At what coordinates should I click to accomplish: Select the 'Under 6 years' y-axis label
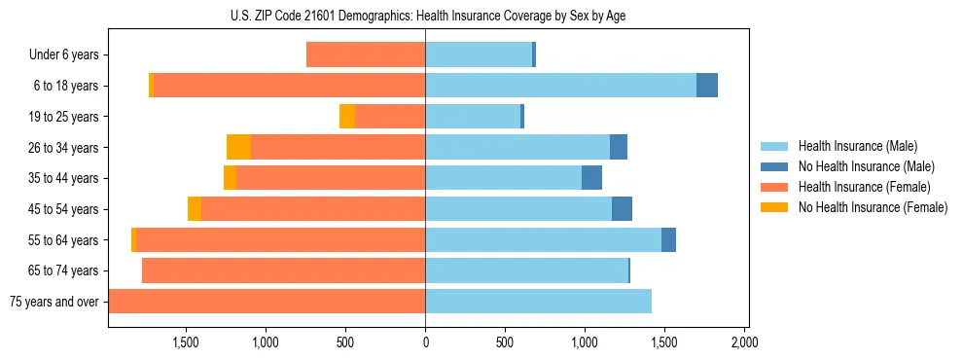click(63, 55)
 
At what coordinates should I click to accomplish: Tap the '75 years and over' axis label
click(53, 302)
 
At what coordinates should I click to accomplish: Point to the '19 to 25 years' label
click(63, 117)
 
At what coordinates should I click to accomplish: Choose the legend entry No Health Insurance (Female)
click(873, 207)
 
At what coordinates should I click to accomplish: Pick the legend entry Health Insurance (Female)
click(864, 187)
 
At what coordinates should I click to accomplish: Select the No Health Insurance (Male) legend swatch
click(774, 166)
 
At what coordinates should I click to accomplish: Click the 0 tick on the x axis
click(425, 342)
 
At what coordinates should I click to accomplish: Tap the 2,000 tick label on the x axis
click(743, 342)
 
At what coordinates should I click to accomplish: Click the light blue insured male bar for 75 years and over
click(538, 302)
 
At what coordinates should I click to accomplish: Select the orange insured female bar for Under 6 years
click(366, 55)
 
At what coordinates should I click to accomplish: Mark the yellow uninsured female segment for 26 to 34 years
click(238, 147)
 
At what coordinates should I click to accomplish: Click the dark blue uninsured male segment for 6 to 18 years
click(707, 86)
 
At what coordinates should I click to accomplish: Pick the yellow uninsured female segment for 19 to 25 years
click(347, 117)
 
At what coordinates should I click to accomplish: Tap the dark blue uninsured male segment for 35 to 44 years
click(591, 178)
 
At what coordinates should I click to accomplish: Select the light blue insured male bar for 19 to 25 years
click(473, 117)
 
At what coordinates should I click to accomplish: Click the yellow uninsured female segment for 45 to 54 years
click(195, 209)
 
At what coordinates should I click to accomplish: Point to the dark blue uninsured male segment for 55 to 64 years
click(668, 240)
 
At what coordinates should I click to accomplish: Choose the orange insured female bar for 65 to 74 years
click(283, 270)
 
